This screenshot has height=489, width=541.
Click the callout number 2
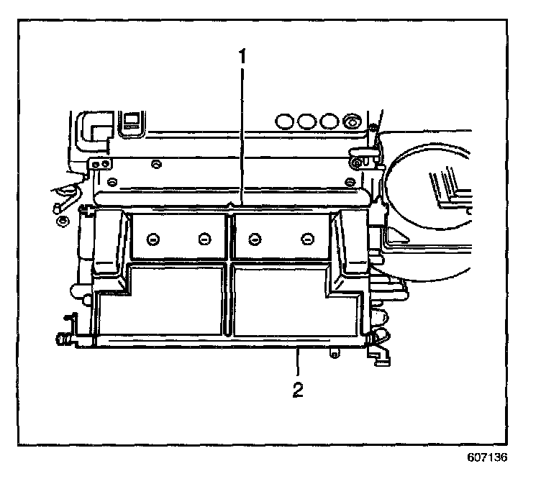point(297,390)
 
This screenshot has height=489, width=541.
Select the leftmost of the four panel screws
point(152,238)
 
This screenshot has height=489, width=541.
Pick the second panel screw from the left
point(204,238)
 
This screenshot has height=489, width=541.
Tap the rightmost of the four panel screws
point(307,238)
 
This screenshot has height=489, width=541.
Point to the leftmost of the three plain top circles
point(286,119)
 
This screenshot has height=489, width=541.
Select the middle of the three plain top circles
point(308,119)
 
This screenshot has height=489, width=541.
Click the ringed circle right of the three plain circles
point(353,119)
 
